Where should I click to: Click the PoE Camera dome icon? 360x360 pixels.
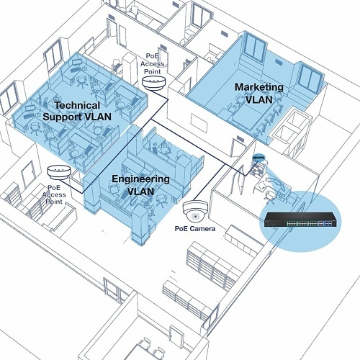coord(195,210)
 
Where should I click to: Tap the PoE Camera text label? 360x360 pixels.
coord(195,229)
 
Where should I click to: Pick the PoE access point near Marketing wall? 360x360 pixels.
coord(154,83)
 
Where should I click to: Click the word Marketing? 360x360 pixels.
coord(259,87)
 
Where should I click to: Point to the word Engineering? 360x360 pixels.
coord(140,179)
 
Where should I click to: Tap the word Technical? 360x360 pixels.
coord(77,105)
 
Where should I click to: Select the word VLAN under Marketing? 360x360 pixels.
coord(259,99)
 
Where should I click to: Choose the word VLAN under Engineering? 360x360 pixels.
coord(140,192)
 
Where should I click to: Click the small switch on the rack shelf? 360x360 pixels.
coord(258,158)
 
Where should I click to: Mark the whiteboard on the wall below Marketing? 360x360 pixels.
coord(199,123)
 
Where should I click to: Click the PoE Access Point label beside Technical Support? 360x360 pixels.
coord(153,64)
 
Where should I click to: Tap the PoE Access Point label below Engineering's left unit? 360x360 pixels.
coord(54,194)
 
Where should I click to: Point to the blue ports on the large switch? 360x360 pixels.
coord(328,224)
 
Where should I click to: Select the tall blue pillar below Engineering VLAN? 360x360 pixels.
coord(140,225)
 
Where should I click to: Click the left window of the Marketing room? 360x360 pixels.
coord(255,49)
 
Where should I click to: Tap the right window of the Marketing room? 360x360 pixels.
coord(310,77)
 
